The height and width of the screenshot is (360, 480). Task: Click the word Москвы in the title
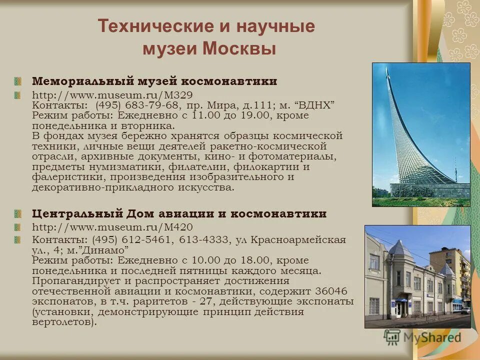[x=239, y=49]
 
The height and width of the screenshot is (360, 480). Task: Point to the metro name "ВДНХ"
[x=315, y=105]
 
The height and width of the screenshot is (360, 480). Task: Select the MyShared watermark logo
[x=423, y=337]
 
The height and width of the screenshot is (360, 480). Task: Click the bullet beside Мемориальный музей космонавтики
[x=18, y=81]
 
